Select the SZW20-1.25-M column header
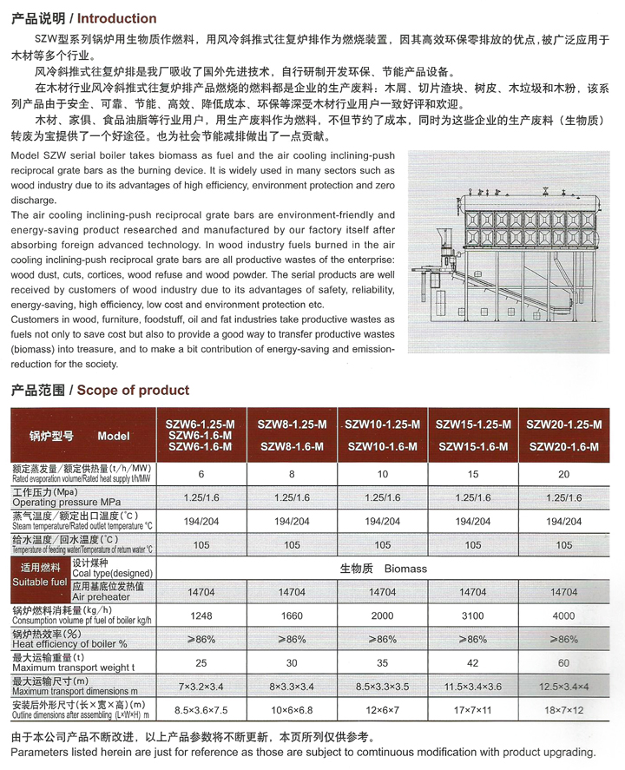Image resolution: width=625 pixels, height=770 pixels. (564, 424)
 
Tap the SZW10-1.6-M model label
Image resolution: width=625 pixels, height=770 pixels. (383, 446)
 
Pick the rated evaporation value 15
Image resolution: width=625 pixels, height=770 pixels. (473, 475)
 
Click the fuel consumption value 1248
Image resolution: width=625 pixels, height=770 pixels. (201, 616)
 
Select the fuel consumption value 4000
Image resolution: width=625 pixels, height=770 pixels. (564, 616)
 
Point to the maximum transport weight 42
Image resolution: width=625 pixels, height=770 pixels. (473, 662)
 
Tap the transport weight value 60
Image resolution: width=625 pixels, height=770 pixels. (564, 662)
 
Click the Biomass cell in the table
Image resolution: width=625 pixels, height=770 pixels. (382, 569)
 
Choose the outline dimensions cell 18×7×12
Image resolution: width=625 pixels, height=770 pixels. (564, 709)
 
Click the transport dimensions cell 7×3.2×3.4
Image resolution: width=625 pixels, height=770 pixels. (201, 686)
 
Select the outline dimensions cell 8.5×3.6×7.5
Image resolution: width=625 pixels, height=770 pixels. (201, 709)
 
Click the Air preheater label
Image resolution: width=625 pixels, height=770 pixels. (102, 597)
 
